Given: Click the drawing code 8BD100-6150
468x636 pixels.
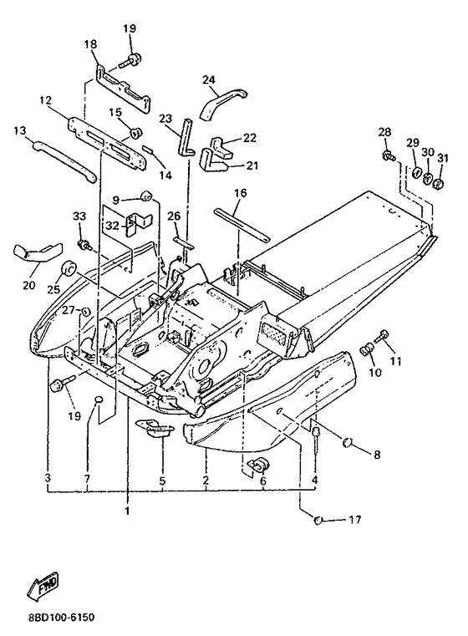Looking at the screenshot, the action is click(x=62, y=618).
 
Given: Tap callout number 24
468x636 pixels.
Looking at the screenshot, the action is click(x=208, y=79).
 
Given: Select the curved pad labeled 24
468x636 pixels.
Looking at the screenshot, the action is click(x=223, y=102).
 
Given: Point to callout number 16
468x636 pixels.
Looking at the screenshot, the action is click(x=241, y=193).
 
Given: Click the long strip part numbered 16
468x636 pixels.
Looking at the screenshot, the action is click(x=241, y=223).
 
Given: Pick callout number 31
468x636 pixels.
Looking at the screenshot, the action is click(x=443, y=158).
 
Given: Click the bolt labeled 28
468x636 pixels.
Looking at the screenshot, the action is click(x=389, y=155).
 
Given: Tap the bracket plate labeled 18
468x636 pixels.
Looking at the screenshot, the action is click(x=123, y=89).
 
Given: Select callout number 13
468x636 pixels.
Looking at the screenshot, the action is click(x=19, y=131).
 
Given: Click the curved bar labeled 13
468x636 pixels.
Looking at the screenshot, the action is click(x=64, y=161).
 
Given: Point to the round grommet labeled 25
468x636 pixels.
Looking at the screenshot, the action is click(x=69, y=268).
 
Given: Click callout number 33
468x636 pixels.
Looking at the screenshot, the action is click(x=79, y=216).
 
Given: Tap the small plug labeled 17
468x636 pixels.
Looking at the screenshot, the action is click(x=318, y=520).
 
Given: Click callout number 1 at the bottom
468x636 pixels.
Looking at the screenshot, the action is click(x=127, y=511).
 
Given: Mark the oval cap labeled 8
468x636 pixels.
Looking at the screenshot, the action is click(x=348, y=442).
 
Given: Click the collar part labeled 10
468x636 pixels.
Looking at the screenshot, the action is click(x=368, y=349).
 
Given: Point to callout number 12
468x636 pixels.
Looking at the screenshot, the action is click(x=46, y=100).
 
